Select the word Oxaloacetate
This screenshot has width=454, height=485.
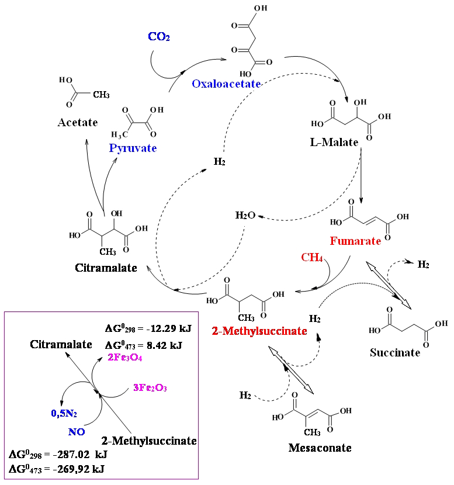point(226,84)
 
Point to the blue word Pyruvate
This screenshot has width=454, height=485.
point(133,148)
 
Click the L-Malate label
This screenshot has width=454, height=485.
point(334,142)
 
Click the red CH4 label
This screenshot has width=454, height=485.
point(312,257)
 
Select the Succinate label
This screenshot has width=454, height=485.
point(395,352)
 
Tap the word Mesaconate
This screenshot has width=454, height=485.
point(320,448)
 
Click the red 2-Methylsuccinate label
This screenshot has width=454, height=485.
point(259,331)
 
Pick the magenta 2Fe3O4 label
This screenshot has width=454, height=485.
point(125,357)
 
